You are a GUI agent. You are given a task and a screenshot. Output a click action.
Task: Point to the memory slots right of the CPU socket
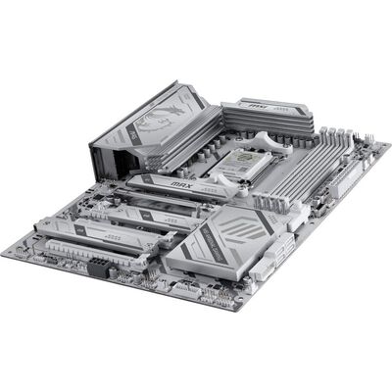coord(304,162)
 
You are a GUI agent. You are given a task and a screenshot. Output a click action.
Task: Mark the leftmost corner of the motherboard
coord(4,249)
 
